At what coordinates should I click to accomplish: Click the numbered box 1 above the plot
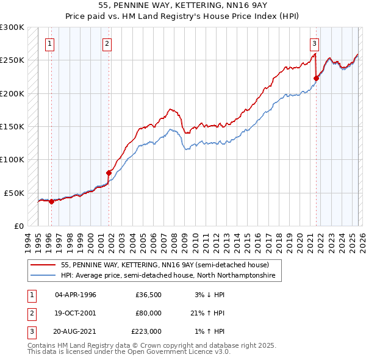49,43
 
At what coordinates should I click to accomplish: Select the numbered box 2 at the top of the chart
107,43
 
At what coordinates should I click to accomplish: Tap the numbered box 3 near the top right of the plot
314,43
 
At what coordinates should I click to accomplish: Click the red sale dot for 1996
51,202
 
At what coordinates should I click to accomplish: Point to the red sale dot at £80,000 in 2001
109,173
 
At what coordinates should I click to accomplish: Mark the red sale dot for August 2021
316,78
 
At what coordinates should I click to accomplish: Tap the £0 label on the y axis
18,226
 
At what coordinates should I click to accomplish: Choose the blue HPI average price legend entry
168,276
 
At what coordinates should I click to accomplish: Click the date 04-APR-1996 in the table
76,295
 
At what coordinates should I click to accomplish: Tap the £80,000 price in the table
148,313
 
